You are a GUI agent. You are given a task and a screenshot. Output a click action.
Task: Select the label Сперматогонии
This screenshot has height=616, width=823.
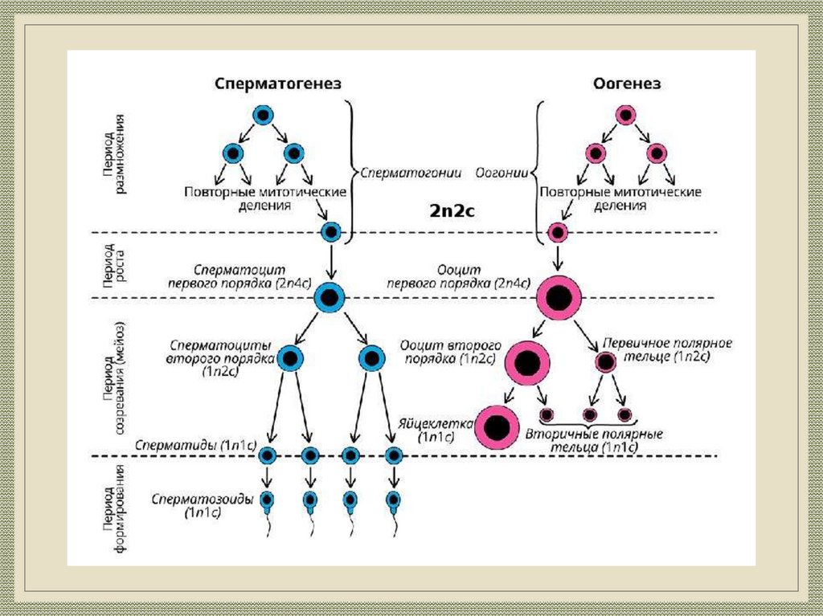click(x=410, y=172)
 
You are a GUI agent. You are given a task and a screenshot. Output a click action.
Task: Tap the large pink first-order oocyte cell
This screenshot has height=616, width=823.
click(x=559, y=299)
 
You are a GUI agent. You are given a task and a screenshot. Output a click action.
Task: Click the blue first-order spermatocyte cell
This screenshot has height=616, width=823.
click(x=330, y=298)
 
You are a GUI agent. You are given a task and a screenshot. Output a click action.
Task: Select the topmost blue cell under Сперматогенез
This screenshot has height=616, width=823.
click(x=263, y=115)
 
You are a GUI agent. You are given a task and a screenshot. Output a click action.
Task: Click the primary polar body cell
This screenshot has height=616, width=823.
click(x=605, y=362)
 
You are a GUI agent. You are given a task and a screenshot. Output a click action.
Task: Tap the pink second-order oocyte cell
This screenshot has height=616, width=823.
click(x=527, y=363)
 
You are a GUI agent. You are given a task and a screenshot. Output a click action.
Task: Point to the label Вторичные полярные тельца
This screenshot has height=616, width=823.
click(x=594, y=439)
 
